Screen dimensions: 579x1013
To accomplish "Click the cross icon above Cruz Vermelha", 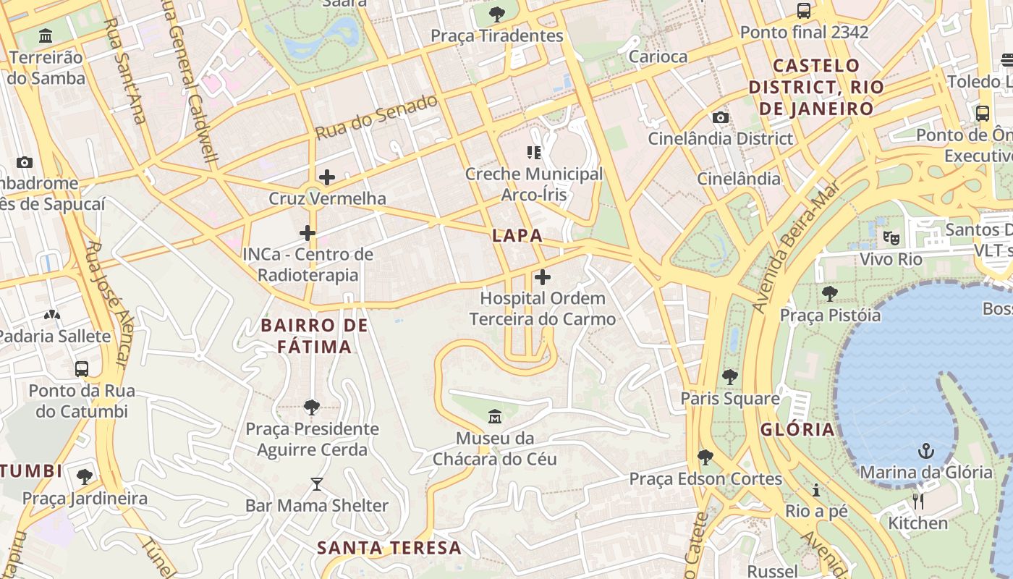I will point(327,177).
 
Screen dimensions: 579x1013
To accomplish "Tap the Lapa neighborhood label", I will point(517,235).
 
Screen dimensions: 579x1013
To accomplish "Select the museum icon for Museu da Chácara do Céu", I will point(496,417).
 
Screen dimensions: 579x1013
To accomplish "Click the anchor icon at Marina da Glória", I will point(925,452).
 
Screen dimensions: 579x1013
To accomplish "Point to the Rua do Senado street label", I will point(377,117).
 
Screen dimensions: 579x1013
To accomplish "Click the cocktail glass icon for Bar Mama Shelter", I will point(317,484).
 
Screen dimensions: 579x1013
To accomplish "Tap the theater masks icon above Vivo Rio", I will point(891,237).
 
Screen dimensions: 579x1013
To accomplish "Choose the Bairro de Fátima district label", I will point(315,336).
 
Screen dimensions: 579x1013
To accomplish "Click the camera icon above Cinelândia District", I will point(720,117).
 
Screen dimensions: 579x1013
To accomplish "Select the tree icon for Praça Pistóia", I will point(830,294).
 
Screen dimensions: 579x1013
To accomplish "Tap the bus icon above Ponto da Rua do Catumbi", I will point(82,369).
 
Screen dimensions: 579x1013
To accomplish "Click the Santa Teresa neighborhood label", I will point(389,548).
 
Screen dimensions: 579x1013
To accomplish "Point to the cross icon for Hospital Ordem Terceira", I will point(542,277).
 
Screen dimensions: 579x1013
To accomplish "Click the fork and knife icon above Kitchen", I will point(918,502).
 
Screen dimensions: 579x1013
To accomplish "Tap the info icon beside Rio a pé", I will point(816,491).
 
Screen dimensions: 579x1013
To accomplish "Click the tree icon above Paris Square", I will point(729,377).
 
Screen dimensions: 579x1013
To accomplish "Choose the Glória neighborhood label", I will point(797,429).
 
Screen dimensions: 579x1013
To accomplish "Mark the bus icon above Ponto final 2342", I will point(803,11).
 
